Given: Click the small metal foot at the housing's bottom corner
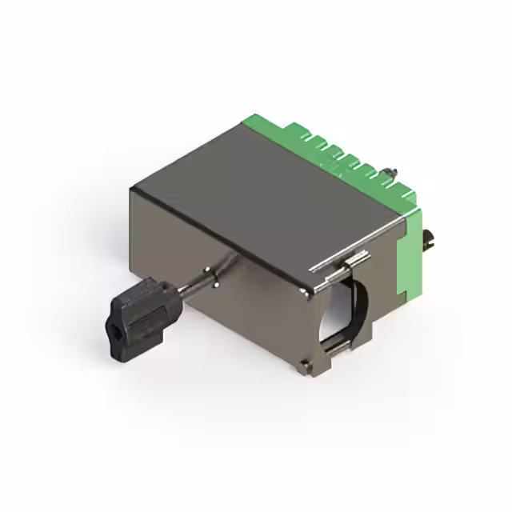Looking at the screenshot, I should (306, 367).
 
